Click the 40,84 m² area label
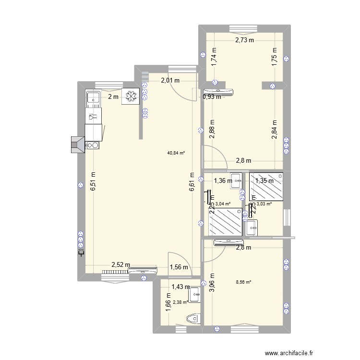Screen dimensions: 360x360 (x=176, y=153)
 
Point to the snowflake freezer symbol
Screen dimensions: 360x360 (x=130, y=96)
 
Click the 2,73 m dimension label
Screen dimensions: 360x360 (x=244, y=40)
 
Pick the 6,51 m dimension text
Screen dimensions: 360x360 (x=92, y=182)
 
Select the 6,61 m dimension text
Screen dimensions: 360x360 (x=191, y=182)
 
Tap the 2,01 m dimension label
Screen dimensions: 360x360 (x=170, y=81)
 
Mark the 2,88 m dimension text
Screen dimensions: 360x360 (x=212, y=130)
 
